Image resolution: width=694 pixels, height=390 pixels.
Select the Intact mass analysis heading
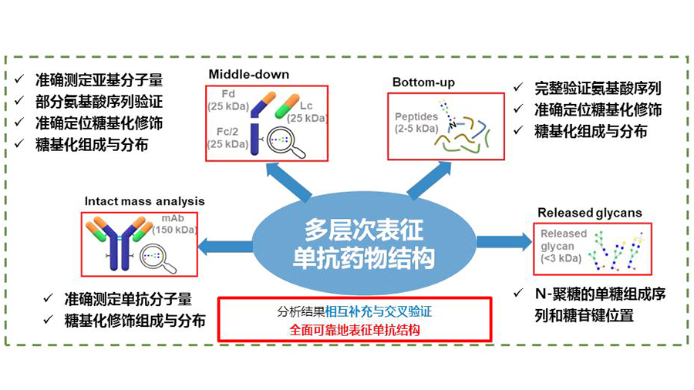[140, 202]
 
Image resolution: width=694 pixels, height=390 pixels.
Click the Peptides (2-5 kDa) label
[416, 122]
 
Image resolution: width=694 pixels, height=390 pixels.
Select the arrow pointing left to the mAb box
[226, 246]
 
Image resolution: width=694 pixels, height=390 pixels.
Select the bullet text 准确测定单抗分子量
[128, 300]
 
